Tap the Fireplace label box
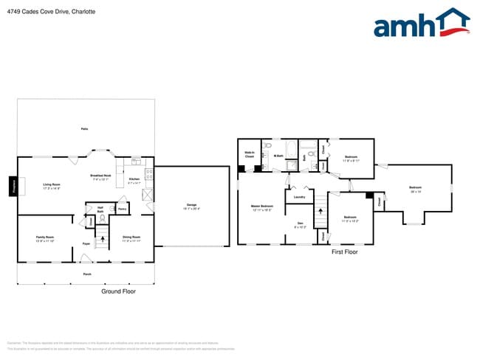(13, 187)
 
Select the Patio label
(85, 129)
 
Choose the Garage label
(191, 206)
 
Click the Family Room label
(45, 238)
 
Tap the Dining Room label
(132, 238)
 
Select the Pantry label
(122, 210)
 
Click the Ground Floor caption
(118, 291)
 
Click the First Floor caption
(344, 252)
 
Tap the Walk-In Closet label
(250, 155)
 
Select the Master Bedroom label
(261, 207)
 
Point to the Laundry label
(299, 197)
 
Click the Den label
(300, 224)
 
